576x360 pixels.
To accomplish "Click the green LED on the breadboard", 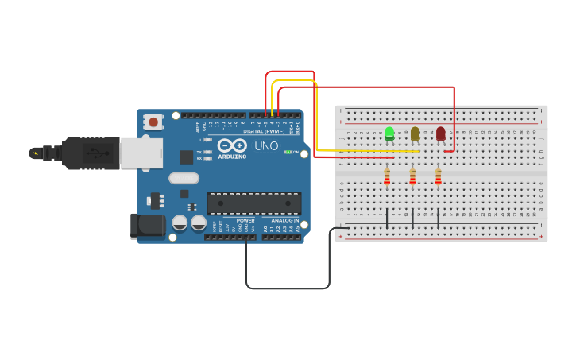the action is [x=389, y=134].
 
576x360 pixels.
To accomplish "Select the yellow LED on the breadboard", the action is [x=415, y=134].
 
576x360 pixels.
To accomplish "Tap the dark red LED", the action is [x=441, y=134].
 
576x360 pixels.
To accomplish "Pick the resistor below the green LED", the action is [x=387, y=177].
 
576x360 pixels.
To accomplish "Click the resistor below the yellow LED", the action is [x=412, y=177].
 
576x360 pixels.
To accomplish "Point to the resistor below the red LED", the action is [x=438, y=177].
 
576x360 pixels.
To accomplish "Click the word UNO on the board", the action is [x=266, y=146].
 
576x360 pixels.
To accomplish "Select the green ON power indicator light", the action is [x=288, y=152].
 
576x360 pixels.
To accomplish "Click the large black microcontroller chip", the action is [x=254, y=203].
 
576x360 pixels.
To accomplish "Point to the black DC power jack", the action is [x=148, y=226].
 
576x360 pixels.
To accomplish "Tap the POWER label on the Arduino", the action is [x=245, y=221].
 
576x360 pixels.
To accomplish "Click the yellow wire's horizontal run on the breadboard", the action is [x=365, y=151].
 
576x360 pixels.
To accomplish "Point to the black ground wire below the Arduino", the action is [x=286, y=288].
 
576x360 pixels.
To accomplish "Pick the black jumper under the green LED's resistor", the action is [x=387, y=219].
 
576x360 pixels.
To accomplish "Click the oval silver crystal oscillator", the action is [x=184, y=179].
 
